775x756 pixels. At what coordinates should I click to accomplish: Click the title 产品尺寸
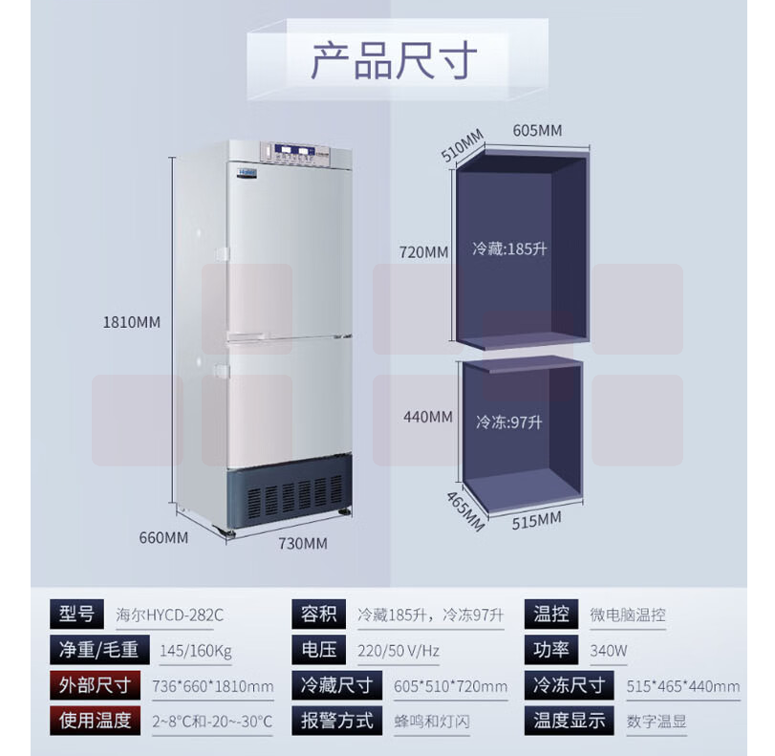(x=394, y=62)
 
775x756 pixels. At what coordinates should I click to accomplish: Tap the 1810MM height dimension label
(x=132, y=322)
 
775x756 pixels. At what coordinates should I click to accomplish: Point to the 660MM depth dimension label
(x=163, y=537)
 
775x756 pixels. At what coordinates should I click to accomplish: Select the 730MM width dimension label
(x=303, y=544)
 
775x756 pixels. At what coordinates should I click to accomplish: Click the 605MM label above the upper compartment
(x=537, y=130)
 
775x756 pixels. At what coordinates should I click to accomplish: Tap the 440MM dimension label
(x=427, y=417)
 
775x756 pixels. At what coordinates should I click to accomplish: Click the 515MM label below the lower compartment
(x=537, y=520)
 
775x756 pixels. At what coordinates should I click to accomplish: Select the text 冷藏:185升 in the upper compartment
(x=509, y=249)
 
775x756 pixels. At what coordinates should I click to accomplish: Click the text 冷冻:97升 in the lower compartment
(x=508, y=421)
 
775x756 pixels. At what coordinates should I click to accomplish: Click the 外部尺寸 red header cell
(x=96, y=685)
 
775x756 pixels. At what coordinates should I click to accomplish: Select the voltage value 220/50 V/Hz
(x=398, y=651)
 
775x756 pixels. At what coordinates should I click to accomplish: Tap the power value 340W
(x=609, y=651)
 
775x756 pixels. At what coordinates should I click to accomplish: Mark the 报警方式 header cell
(x=336, y=721)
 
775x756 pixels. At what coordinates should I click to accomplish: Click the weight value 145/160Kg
(x=196, y=651)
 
